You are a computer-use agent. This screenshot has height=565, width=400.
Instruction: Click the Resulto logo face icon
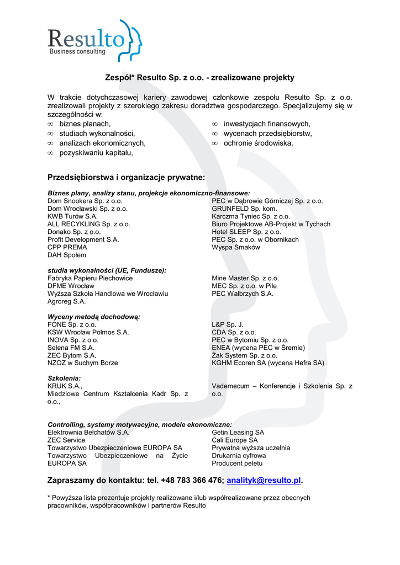tap(131, 38)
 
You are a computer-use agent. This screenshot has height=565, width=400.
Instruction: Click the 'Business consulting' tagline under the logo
tap(77, 52)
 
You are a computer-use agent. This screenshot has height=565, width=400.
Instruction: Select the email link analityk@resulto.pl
tap(264, 481)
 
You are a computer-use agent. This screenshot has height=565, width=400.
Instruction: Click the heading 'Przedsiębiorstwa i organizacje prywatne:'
tap(126, 178)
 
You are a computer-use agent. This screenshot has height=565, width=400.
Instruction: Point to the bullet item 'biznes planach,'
tap(85, 124)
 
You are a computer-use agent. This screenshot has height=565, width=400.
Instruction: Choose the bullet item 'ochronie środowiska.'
tap(258, 143)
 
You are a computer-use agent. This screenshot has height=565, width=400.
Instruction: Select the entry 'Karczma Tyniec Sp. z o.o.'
tap(251, 217)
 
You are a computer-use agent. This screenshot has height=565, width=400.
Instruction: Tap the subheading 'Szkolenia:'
tap(64, 379)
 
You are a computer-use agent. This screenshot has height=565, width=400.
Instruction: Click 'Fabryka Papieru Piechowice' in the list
tap(90, 279)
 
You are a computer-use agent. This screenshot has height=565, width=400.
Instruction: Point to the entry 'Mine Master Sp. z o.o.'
tap(245, 279)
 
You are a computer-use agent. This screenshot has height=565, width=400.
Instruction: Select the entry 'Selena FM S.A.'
tap(71, 348)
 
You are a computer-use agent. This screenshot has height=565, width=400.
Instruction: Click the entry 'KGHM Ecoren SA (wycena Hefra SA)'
tap(268, 363)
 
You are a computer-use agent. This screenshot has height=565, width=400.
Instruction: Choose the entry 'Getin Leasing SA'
tap(238, 433)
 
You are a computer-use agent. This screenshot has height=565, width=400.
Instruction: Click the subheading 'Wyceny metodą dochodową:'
tap(94, 317)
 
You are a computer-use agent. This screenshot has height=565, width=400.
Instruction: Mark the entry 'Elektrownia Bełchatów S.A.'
tap(88, 433)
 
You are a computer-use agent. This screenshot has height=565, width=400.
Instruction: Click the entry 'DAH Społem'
tap(67, 255)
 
